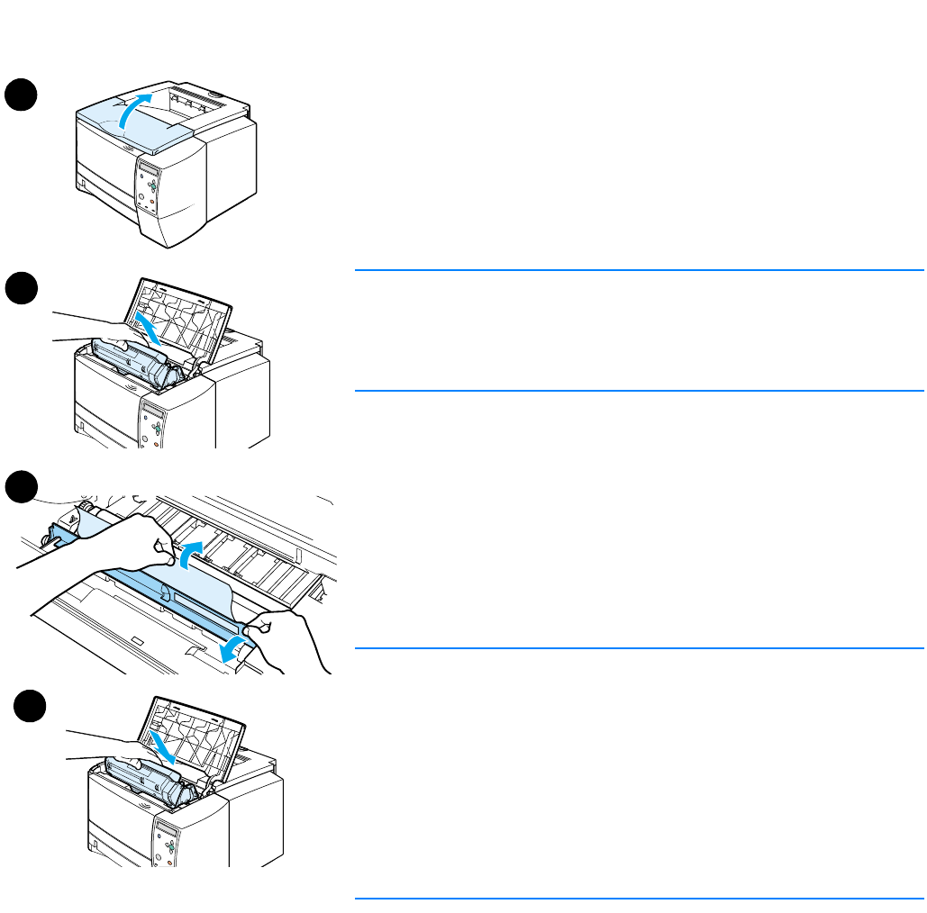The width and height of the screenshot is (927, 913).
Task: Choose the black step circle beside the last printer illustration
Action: [30, 704]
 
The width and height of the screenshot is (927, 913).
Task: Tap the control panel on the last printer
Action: [167, 842]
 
